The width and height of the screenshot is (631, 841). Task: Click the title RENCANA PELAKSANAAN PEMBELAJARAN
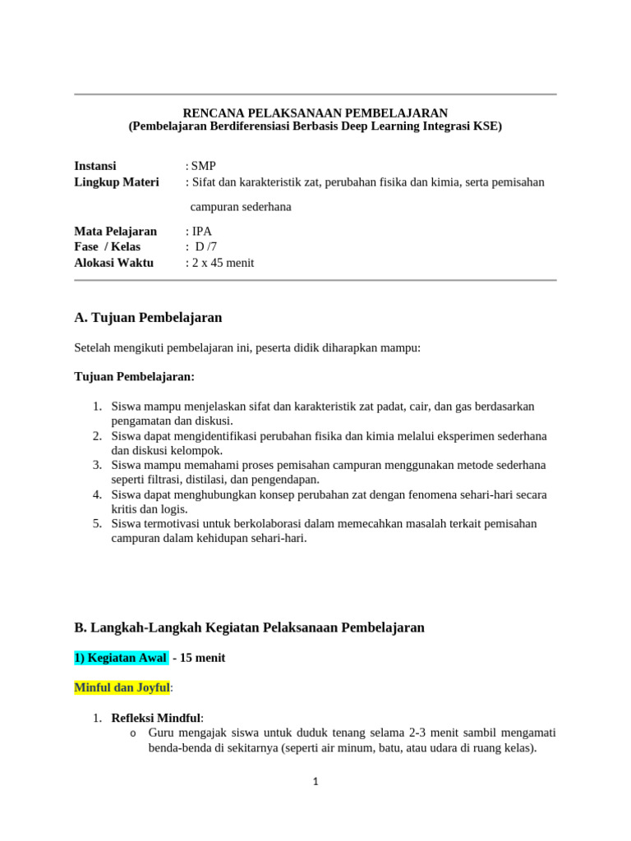[315, 113]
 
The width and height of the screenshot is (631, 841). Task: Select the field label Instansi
[95, 166]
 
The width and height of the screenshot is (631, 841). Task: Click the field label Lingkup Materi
[117, 182]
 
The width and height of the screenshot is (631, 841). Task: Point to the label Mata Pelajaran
[115, 232]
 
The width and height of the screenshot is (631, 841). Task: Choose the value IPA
[201, 232]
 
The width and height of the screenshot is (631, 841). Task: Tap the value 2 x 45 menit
[223, 263]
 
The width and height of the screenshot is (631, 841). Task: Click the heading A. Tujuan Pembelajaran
[148, 317]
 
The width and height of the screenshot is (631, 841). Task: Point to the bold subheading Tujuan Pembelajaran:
[135, 376]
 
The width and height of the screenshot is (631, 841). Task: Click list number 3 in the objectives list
[96, 465]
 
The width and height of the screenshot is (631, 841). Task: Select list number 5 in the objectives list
[96, 524]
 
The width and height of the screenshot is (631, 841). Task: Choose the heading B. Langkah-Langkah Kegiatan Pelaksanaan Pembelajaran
[249, 627]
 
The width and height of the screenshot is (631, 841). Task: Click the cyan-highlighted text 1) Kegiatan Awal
[121, 658]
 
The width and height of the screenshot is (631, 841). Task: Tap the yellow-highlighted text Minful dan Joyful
[122, 687]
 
